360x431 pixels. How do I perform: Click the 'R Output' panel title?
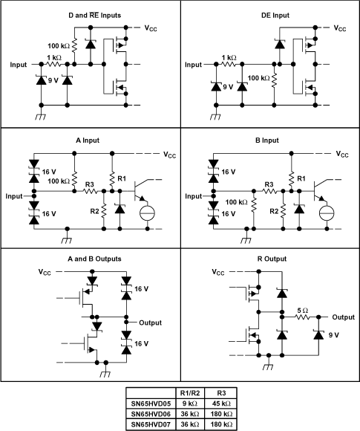(x=270, y=258)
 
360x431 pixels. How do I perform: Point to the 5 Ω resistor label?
(x=302, y=310)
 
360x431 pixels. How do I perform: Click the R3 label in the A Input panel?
(x=90, y=184)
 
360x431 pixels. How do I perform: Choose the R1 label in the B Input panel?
(x=301, y=178)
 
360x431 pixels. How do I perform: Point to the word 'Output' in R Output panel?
(x=344, y=317)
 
